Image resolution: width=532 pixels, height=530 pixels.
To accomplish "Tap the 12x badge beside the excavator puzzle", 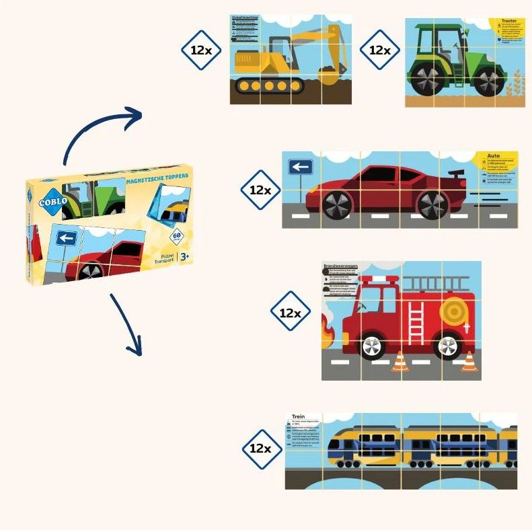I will pos(201,50).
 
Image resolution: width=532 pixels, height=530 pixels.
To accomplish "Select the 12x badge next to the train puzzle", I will pos(262,449).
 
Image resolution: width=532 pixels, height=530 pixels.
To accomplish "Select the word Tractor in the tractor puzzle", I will pos(508,21).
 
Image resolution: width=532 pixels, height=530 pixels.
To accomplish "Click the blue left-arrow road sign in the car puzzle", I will pos(301,167).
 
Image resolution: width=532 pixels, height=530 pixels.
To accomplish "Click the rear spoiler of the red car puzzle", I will pos(457,176).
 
